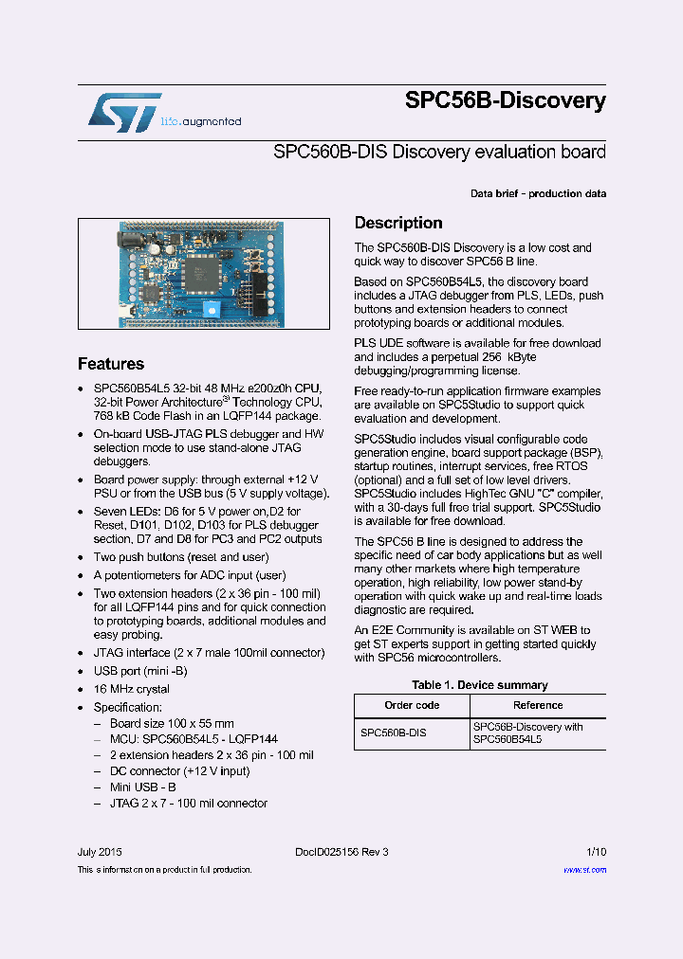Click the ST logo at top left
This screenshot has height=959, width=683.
pyautogui.click(x=124, y=112)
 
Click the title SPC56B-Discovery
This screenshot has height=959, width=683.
pyautogui.click(x=505, y=100)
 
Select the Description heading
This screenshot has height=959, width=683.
pyautogui.click(x=398, y=224)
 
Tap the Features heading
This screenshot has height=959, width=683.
pyautogui.click(x=111, y=364)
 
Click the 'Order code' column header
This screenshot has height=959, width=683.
pyautogui.click(x=412, y=705)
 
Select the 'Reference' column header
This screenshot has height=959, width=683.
pyautogui.click(x=538, y=705)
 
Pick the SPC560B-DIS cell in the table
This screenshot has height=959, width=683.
pyautogui.click(x=394, y=733)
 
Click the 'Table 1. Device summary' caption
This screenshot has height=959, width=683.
pyautogui.click(x=479, y=685)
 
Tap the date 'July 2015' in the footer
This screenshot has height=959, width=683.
pyautogui.click(x=100, y=852)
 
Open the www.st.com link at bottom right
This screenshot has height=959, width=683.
pyautogui.click(x=585, y=869)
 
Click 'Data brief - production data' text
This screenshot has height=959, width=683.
pyautogui.click(x=538, y=194)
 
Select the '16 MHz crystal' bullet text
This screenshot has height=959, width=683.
pyautogui.click(x=132, y=689)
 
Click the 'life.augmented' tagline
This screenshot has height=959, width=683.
pyautogui.click(x=201, y=121)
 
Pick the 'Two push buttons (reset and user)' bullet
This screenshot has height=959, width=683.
pyautogui.click(x=181, y=557)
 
